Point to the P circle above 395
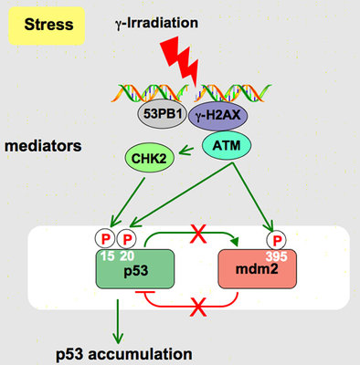(269, 242)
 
